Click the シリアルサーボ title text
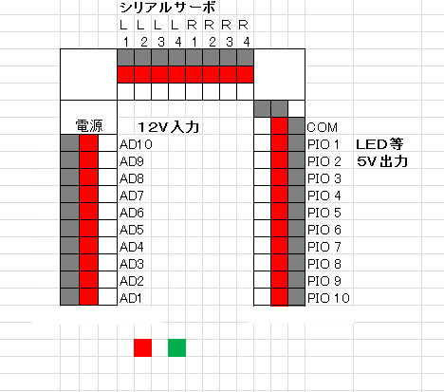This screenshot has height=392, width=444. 168,8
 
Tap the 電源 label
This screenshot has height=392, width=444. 89,126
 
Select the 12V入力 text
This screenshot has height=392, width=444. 169,127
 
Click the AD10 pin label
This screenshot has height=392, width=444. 136,144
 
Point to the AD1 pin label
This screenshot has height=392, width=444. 131,298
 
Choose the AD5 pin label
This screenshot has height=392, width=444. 132,230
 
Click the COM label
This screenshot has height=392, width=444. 323,127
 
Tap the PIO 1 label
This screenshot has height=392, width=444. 324,144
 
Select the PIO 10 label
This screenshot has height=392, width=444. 328,298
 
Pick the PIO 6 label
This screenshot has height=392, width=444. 324,230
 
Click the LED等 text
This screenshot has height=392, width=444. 379,144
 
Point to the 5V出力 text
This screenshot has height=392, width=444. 382,161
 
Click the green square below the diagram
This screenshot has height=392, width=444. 176,347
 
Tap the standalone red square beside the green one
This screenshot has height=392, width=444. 142,347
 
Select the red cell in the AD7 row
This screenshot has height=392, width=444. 88,195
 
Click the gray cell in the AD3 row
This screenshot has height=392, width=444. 69,263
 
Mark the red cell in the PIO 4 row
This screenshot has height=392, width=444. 279,195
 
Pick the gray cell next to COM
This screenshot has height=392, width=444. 296,126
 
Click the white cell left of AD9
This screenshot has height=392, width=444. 107,160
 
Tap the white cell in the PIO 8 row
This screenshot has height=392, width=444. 262,263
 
